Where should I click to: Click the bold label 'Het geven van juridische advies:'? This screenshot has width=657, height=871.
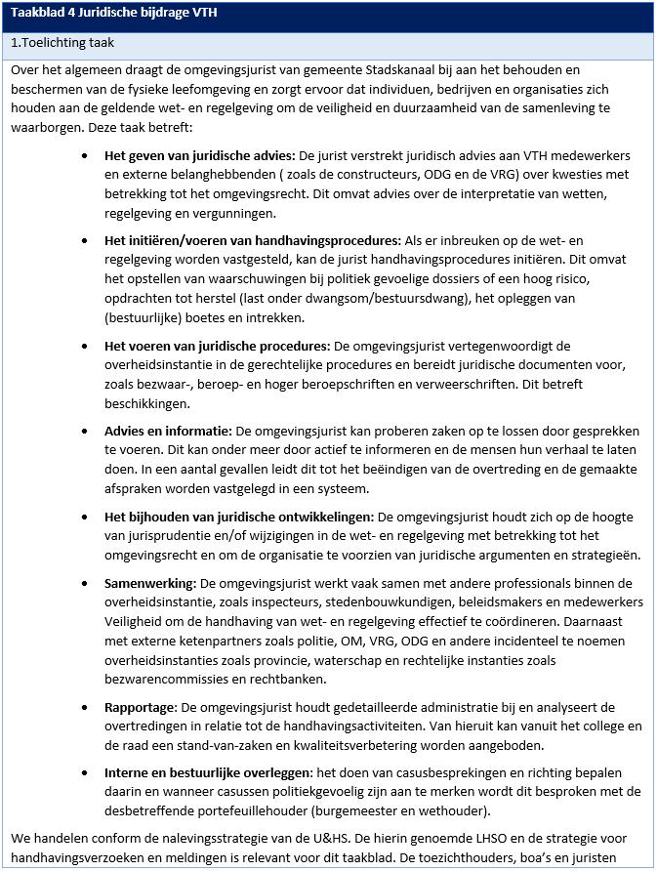(199, 156)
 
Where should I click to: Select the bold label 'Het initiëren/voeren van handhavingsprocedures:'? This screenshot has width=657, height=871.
(253, 240)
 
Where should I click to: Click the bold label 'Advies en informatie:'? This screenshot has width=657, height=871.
(168, 431)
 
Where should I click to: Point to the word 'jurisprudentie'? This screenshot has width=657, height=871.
(162, 536)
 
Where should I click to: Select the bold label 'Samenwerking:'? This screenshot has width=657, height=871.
(150, 583)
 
